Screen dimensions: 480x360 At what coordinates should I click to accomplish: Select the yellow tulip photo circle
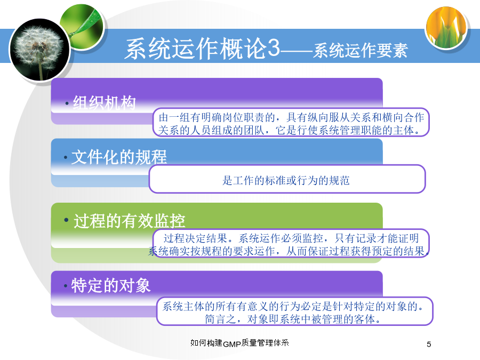[x=446, y=28]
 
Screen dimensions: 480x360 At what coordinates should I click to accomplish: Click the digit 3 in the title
[x=273, y=48]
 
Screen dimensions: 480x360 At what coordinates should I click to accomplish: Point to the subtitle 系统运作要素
[x=361, y=51]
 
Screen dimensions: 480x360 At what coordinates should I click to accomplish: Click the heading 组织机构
[x=104, y=102]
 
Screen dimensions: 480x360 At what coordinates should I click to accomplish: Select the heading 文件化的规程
[x=119, y=157]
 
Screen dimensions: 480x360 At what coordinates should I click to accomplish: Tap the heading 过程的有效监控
[x=129, y=221]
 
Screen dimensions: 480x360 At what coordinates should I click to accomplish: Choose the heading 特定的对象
[x=111, y=285]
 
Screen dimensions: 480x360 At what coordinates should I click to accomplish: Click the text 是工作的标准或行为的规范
[x=286, y=180]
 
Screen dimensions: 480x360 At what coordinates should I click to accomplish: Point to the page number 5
[x=429, y=345]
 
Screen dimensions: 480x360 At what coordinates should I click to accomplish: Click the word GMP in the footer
[x=232, y=345]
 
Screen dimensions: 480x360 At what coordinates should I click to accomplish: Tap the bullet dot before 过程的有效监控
[x=66, y=220]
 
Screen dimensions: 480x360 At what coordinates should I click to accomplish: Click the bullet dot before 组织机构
[x=67, y=103]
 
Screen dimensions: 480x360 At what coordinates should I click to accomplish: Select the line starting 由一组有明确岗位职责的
[x=291, y=117]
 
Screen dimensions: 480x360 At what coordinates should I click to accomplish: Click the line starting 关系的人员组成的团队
[x=289, y=131]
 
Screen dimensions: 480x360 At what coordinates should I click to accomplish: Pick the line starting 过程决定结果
[x=291, y=238]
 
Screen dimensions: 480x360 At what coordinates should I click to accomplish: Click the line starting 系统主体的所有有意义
[x=293, y=306]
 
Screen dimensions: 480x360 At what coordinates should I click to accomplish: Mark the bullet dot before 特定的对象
[x=66, y=286]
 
